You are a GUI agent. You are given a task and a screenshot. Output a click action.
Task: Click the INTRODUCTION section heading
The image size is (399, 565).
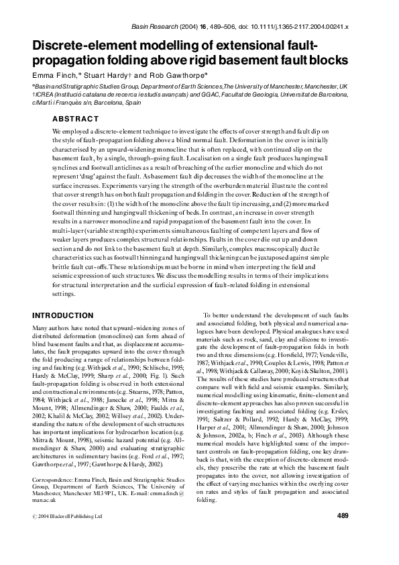point(63,315)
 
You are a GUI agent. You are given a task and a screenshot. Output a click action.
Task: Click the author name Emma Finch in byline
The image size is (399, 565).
point(51,75)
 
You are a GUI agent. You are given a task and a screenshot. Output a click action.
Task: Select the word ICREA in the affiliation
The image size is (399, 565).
point(46,95)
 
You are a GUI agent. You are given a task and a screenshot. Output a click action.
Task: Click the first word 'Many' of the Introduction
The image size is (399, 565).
point(41,327)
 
